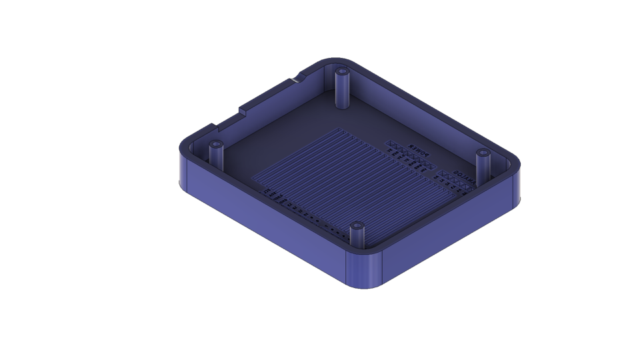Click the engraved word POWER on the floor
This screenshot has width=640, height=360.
419,152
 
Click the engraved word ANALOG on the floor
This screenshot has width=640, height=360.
463,177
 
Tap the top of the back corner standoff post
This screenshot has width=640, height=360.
342,71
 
